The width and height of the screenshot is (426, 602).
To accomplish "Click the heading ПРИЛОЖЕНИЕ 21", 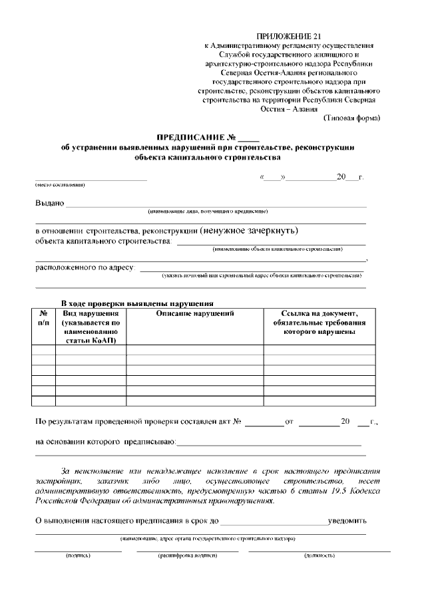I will click(288, 35).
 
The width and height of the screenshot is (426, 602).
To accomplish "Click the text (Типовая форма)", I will click(351, 118).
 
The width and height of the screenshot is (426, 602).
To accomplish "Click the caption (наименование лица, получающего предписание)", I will click(208, 211).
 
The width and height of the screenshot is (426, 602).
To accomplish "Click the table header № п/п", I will click(43, 318).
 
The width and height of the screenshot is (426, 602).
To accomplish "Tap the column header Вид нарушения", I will click(91, 313).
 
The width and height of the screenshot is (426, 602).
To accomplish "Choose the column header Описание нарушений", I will click(194, 313).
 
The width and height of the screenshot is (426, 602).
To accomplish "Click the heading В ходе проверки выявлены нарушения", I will click(137, 302).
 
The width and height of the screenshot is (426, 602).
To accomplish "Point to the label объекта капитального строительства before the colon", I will click(103, 241).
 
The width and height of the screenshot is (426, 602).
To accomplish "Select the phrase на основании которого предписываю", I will click(105, 441).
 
